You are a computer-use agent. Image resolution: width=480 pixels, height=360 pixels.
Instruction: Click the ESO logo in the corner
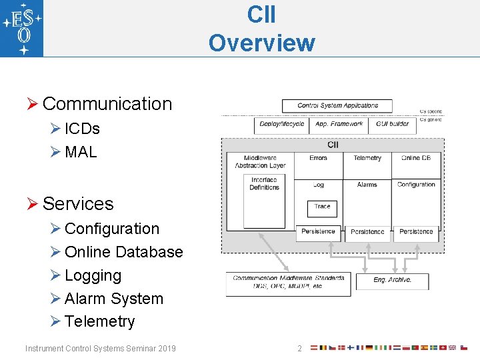(x=22, y=29)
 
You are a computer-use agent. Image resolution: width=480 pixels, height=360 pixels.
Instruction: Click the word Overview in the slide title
(x=261, y=43)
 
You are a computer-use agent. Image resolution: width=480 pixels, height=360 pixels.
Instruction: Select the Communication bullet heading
(x=107, y=104)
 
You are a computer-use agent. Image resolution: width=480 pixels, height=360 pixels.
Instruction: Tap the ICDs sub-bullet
(x=82, y=129)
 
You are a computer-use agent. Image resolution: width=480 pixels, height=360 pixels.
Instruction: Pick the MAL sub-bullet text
(x=81, y=152)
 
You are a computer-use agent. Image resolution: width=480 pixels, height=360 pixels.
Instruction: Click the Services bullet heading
(x=78, y=204)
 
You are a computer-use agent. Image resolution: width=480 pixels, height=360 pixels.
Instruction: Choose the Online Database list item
(x=123, y=252)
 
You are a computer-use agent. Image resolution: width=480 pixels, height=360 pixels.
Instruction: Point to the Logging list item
(x=93, y=275)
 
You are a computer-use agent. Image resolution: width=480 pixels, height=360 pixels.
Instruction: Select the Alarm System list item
(x=113, y=299)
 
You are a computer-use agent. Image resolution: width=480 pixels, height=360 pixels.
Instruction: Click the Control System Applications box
(x=337, y=105)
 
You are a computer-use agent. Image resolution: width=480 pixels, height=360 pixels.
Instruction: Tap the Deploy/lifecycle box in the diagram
(x=282, y=124)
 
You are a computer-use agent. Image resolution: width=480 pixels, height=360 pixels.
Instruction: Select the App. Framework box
(x=339, y=124)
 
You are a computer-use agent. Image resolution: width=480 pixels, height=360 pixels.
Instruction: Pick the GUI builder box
(x=393, y=124)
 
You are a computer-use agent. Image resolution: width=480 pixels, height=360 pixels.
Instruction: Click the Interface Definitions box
(x=264, y=184)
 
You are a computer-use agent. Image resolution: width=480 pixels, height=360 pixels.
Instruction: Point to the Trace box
(x=323, y=207)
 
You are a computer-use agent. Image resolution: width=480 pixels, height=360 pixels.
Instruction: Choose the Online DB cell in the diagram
(x=416, y=158)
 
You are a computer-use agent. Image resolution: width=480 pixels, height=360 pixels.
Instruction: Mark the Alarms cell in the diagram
(x=367, y=185)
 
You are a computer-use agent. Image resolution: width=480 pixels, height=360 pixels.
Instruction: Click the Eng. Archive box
(x=392, y=280)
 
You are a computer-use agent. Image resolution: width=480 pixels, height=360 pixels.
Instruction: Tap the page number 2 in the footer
(x=300, y=348)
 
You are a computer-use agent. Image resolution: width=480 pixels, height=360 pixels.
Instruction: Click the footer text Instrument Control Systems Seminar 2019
(x=101, y=348)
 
